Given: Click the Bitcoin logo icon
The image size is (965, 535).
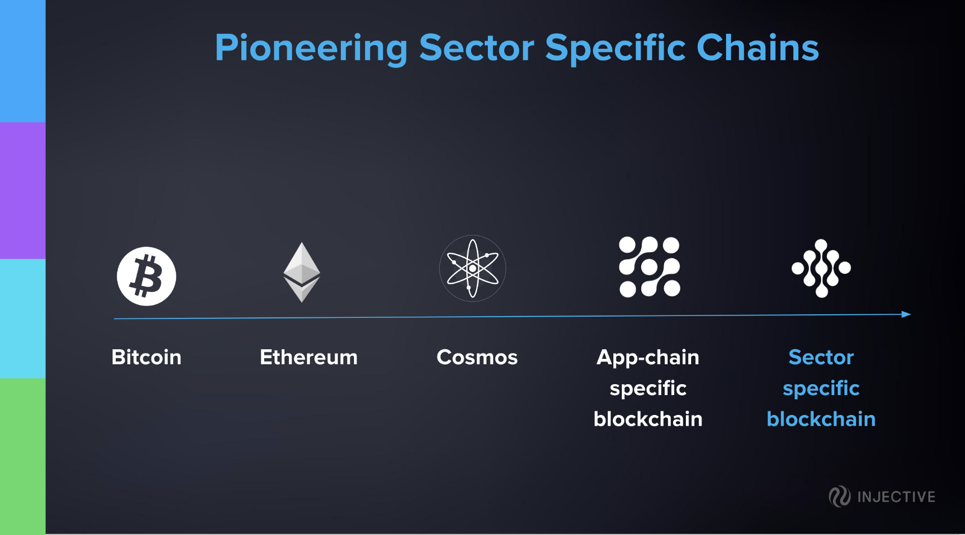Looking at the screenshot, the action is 147,276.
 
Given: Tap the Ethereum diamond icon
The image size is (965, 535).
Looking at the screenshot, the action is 302,272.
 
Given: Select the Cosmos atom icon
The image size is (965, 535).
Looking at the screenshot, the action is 473,268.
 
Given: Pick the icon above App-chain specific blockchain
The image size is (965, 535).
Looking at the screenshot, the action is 650,267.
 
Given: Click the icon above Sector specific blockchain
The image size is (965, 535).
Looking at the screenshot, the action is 821,268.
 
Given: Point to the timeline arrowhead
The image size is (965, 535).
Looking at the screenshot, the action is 906,314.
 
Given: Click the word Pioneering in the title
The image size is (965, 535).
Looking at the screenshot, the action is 311,49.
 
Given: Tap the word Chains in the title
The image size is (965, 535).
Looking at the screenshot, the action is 758,48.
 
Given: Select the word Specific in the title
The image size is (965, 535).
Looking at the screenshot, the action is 615,49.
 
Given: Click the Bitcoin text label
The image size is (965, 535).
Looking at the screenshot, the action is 147,357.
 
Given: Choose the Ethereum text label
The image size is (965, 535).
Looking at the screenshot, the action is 309,357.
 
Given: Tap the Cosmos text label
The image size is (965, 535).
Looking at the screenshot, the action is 477,357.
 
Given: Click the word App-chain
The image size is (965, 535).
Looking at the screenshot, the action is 648,358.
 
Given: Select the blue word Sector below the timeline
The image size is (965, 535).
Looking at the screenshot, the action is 821,357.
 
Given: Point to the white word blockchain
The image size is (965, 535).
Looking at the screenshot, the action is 648,419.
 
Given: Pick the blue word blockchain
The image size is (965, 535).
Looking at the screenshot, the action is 821,419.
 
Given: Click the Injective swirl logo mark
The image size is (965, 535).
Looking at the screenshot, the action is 840,496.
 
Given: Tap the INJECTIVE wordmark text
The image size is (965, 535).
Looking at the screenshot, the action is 896,497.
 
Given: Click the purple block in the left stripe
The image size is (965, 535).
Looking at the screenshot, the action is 23,191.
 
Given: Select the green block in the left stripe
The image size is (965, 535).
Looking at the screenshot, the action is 23,456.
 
